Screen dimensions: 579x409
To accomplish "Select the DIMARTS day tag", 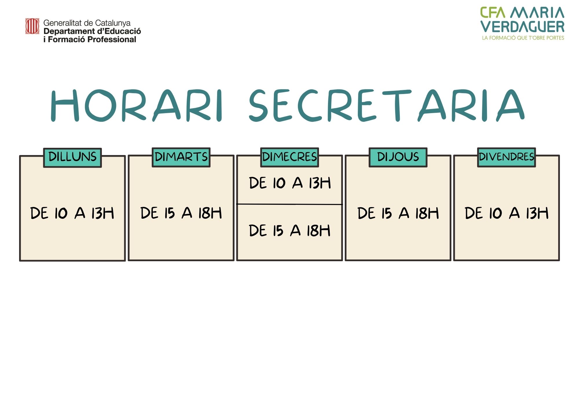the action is pos(181,157).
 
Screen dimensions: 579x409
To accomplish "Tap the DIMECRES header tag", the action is pos(289,157).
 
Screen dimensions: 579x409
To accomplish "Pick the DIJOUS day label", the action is pos(398,157).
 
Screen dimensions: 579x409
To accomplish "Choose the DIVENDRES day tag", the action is pos(507,157).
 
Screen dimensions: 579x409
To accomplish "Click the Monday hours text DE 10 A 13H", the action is pos(72,213).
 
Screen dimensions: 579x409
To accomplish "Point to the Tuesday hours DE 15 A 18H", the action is pos(181,213).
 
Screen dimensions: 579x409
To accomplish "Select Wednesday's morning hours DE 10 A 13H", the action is pos(290,183).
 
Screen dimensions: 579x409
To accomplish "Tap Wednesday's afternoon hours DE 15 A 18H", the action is pos(289,231).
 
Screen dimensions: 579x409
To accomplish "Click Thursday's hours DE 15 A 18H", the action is pos(398,213).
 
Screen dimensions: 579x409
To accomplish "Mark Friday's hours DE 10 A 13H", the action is pos(507,213).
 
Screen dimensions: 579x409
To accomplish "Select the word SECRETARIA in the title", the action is pos(387,106).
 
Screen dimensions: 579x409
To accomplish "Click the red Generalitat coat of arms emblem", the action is pos(32,26).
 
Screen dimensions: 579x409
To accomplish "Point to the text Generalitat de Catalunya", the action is pos(87,23).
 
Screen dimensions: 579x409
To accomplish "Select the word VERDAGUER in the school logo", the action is pos(523,27).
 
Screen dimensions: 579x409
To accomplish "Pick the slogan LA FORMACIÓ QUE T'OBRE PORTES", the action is pos(523,38).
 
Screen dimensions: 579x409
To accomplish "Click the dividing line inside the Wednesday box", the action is pos(289,204).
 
